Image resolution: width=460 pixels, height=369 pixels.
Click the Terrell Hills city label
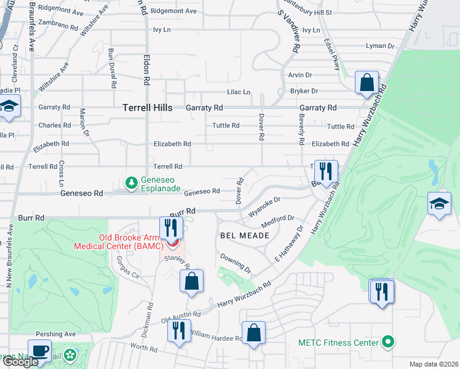click(151, 107)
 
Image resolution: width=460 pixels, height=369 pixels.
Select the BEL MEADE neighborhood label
click(244, 236)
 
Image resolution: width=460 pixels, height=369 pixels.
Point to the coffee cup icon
click(40, 351)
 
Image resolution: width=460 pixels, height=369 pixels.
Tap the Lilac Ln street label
click(239, 92)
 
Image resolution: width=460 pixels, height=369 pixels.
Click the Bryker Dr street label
click(305, 91)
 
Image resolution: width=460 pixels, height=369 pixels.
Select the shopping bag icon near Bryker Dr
click(367, 82)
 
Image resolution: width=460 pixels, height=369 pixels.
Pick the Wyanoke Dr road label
click(264, 207)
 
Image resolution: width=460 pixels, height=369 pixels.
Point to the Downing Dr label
click(236, 263)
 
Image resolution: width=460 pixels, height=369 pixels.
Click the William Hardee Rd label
click(216, 338)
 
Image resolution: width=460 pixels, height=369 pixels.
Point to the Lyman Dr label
click(379, 46)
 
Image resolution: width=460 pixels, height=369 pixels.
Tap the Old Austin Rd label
click(181, 317)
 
